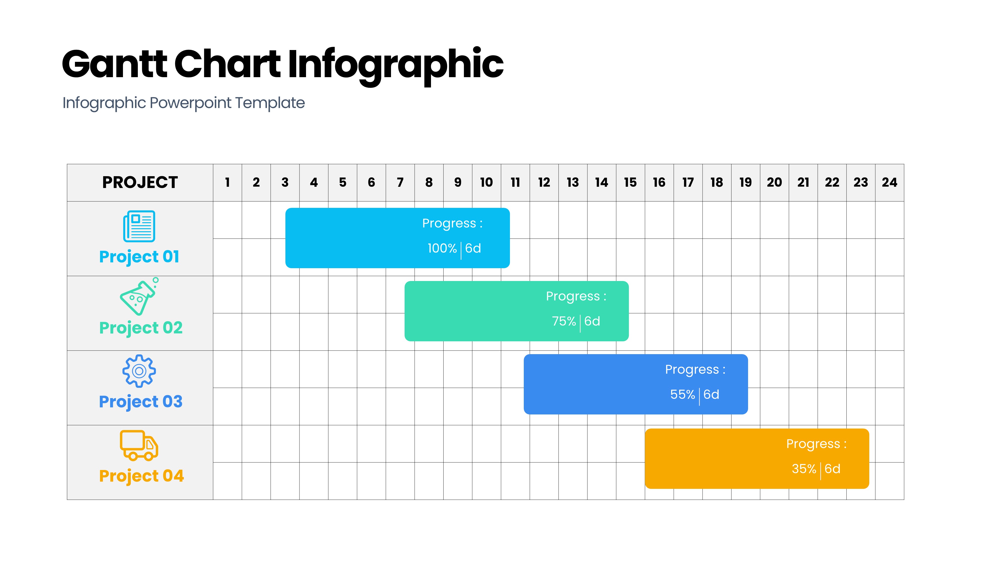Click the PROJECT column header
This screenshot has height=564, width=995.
[x=140, y=182]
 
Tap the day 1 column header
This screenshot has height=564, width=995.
[x=228, y=182]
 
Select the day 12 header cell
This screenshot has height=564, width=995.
[x=544, y=182]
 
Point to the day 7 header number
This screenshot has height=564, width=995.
[x=400, y=182]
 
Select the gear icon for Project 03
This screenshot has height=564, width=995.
[x=139, y=371]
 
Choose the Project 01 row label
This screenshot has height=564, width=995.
[x=139, y=257]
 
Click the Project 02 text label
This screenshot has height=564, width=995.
[x=141, y=328]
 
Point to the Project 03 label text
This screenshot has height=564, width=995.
[x=141, y=402]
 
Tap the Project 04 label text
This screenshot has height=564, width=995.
[x=141, y=476]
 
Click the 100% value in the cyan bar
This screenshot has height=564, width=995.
[x=442, y=248]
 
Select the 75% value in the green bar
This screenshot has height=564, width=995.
[x=564, y=321]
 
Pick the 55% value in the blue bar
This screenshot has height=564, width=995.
[x=683, y=394]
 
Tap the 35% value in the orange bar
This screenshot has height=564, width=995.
[x=804, y=469]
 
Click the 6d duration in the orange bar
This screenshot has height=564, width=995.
[x=832, y=469]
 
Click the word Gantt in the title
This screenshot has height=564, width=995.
[x=115, y=64]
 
